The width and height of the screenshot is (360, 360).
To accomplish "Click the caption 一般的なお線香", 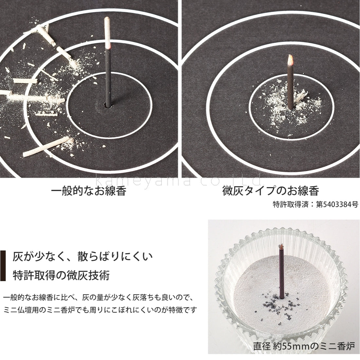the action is (x=89, y=191).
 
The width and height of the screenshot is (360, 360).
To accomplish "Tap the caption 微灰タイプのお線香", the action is (x=271, y=191).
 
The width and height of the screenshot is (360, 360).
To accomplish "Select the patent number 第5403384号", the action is (x=337, y=204).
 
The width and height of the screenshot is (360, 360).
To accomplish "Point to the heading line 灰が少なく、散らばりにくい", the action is (x=83, y=257).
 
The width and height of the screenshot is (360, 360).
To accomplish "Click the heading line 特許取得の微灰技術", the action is (x=61, y=275).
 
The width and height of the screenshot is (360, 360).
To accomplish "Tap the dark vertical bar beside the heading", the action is (x=3, y=266).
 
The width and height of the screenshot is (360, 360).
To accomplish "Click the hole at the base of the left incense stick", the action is (x=108, y=106).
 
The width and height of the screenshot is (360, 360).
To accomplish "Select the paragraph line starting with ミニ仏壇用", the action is (x=100, y=310).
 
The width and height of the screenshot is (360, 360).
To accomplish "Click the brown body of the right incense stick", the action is (x=291, y=87).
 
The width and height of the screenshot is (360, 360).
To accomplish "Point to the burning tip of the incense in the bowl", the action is (x=281, y=247).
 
